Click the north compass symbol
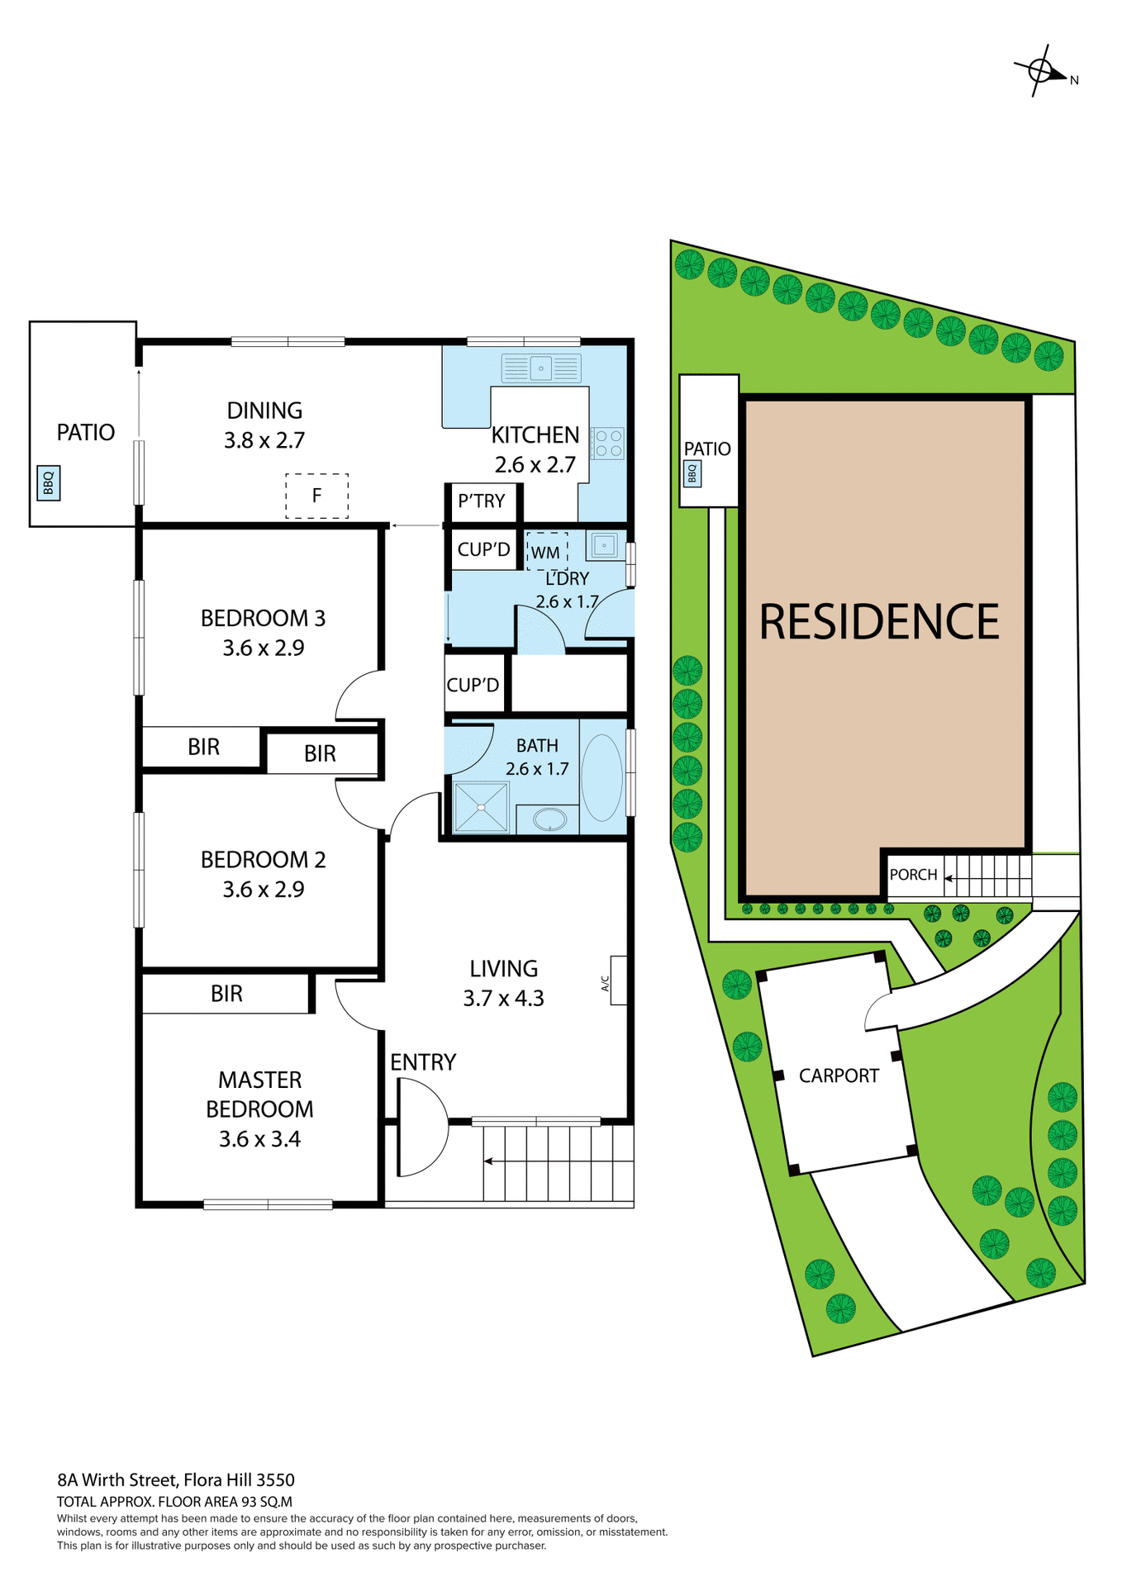coord(1041,71)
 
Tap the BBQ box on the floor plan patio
coord(49,482)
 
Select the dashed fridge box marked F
coord(316,496)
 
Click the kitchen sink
coord(541,368)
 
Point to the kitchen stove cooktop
coord(608,443)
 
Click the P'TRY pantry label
coord(481,501)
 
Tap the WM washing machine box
coord(546,552)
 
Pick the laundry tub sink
coord(604,545)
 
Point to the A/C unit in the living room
coord(617,981)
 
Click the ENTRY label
coord(423,1062)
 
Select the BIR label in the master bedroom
coord(226,994)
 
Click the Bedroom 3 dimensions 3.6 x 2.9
coord(264,648)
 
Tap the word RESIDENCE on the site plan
coord(879,622)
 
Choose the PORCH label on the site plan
coord(913,875)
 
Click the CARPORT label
coord(839,1076)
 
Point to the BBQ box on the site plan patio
coord(692,473)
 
